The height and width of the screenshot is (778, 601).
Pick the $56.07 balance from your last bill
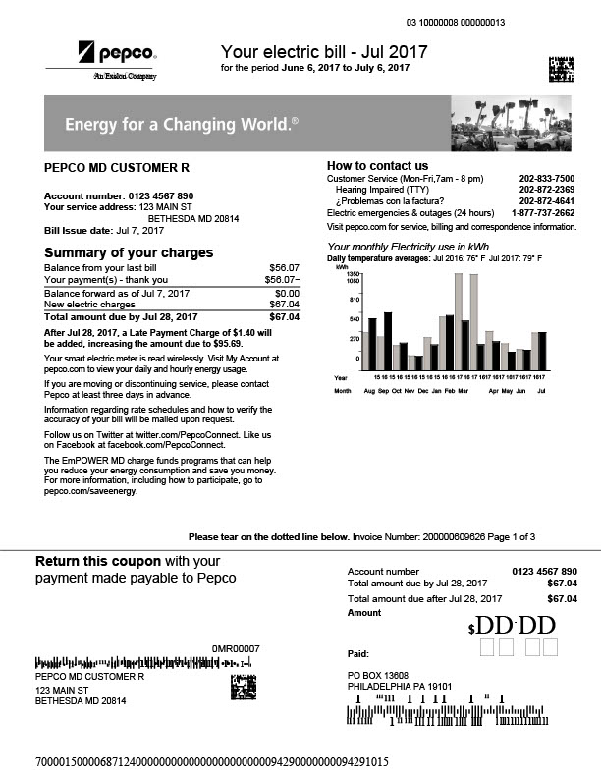(284, 267)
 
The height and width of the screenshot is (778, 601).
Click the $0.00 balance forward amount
(287, 293)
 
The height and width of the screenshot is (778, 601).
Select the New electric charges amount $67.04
(284, 305)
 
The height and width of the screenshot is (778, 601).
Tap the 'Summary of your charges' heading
(129, 252)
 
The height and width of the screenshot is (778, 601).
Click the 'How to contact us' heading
(377, 165)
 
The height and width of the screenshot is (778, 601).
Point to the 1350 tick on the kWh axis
(354, 274)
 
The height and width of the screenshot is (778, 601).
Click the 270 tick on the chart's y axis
(355, 338)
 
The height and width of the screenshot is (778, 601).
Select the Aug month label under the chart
(370, 390)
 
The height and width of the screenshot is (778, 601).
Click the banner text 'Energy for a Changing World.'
(182, 125)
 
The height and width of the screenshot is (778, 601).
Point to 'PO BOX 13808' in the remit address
(378, 677)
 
